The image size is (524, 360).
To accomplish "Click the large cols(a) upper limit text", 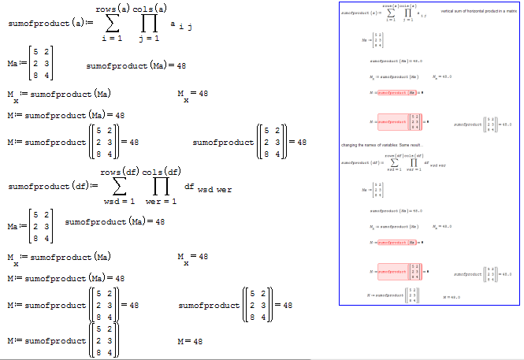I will pos(150,8).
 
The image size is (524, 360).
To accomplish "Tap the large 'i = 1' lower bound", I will pos(112,38).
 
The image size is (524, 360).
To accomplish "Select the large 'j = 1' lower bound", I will pos(149,38).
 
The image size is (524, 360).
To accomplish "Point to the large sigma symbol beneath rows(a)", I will pos(112,23).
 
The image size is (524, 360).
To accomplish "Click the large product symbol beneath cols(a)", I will pos(150,23).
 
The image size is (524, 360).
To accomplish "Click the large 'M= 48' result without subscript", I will pos(190,342).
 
